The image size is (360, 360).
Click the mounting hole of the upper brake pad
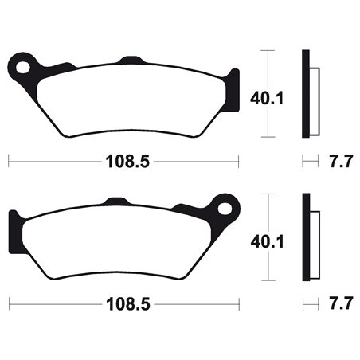[x=25, y=62]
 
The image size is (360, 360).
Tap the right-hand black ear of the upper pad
[x=233, y=86]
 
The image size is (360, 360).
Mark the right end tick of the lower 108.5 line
[x=239, y=304]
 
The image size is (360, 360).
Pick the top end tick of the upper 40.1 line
[x=272, y=50]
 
